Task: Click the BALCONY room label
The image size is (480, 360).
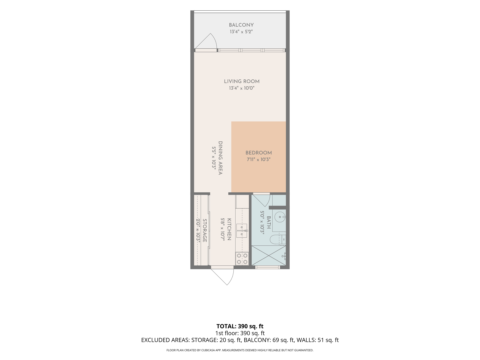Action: pyautogui.click(x=241, y=25)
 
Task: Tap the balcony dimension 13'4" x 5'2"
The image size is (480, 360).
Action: pyautogui.click(x=241, y=32)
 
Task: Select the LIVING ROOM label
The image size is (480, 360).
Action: pyautogui.click(x=242, y=82)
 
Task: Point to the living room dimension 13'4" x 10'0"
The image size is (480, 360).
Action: pyautogui.click(x=242, y=88)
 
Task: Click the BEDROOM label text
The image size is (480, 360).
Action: pyautogui.click(x=258, y=153)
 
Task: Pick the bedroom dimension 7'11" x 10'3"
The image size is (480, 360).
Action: pyautogui.click(x=258, y=160)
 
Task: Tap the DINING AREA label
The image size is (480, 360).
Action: pyautogui.click(x=220, y=158)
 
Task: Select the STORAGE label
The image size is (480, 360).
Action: pyautogui.click(x=205, y=231)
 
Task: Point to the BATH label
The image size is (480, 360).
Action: pyautogui.click(x=269, y=223)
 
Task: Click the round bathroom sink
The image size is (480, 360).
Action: pyautogui.click(x=280, y=217)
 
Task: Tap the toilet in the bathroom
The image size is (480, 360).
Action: pyautogui.click(x=278, y=240)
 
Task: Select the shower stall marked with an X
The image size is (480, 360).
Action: pyautogui.click(x=269, y=255)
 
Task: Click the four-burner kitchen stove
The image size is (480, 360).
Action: pyautogui.click(x=242, y=258)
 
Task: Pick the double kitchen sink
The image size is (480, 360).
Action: pyautogui.click(x=242, y=231)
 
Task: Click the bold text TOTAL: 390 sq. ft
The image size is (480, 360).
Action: pyautogui.click(x=240, y=326)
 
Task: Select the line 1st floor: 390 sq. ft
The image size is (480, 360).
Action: pyautogui.click(x=240, y=333)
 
